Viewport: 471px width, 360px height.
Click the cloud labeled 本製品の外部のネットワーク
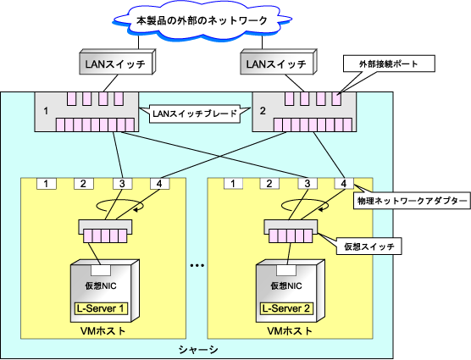coord(202,20)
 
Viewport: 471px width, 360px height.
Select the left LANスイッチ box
coord(117,62)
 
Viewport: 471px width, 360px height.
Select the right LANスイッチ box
coord(278,62)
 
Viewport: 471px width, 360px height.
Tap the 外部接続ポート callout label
coord(389,64)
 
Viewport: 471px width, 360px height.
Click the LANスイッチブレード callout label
coord(195,114)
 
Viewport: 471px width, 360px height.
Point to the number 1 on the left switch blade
coord(46,111)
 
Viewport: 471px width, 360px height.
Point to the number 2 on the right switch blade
coord(263,111)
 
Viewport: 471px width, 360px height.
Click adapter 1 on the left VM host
coord(47,184)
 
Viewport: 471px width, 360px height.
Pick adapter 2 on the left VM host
coord(84,184)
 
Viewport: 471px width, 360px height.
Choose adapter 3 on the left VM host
coord(122,184)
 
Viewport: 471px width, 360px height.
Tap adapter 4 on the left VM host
coord(159,184)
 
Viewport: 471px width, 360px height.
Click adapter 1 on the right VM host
coord(233,184)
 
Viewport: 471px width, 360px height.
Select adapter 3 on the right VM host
coord(308,184)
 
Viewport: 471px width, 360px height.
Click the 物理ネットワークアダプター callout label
coord(412,201)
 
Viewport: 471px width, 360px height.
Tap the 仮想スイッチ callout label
coord(368,246)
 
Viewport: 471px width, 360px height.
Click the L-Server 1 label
coord(101,308)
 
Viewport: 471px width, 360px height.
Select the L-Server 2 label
coord(286,308)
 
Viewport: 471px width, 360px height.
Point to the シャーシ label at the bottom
coord(198,350)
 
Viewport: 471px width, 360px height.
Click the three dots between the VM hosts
coord(197,265)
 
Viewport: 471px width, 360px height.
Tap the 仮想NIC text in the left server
coord(101,285)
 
